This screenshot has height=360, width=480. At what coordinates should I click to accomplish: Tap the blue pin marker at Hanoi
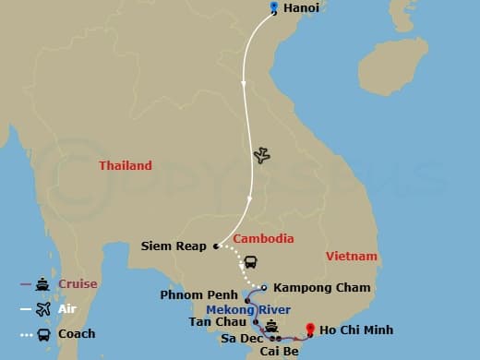pyautogui.click(x=274, y=8)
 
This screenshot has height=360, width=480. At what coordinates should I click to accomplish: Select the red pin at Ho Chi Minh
pyautogui.click(x=310, y=328)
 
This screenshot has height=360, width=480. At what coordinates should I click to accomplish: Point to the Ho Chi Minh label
pyautogui.click(x=357, y=330)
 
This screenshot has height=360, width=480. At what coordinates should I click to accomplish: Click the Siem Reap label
pyautogui.click(x=174, y=246)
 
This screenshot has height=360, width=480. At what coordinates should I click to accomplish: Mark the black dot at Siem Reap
pyautogui.click(x=215, y=246)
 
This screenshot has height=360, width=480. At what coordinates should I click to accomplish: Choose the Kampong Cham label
pyautogui.click(x=321, y=288)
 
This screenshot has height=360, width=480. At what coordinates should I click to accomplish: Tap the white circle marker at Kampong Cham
pyautogui.click(x=263, y=286)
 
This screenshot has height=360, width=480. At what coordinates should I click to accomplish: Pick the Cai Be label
pyautogui.click(x=279, y=352)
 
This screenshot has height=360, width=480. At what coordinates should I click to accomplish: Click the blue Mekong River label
pyautogui.click(x=248, y=309)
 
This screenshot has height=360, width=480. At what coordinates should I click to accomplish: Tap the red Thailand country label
pyautogui.click(x=126, y=166)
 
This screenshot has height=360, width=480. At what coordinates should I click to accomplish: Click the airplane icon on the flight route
pyautogui.click(x=261, y=155)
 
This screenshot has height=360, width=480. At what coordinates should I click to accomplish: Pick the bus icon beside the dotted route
pyautogui.click(x=250, y=262)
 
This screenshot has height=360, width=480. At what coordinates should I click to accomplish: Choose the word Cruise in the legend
pyautogui.click(x=78, y=284)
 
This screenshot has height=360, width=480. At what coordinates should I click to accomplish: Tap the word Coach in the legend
pyautogui.click(x=77, y=333)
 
